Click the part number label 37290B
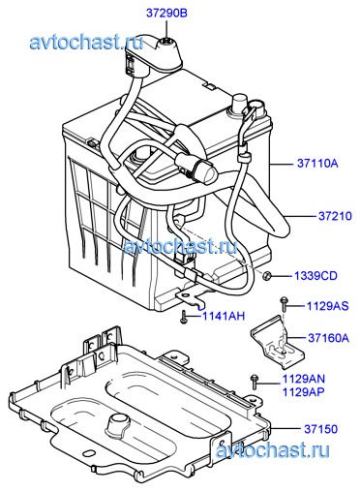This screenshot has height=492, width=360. [166, 14]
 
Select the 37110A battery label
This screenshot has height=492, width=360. [317, 164]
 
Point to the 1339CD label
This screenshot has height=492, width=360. [315, 276]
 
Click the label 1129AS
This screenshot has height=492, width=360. [327, 306]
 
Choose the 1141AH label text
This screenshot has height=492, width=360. [224, 316]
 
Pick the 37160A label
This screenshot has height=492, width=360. [329, 338]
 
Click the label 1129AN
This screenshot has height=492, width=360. [304, 379]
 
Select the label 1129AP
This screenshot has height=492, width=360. [304, 392]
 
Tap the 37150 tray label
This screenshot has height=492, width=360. [320, 429]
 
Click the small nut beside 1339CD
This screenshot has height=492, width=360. [266, 276]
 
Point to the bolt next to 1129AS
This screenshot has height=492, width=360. [284, 303]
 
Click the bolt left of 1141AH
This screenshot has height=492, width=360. [184, 317]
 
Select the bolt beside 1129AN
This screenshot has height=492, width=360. [255, 382]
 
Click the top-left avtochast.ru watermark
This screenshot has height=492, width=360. [86, 43]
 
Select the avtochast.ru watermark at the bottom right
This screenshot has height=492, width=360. [273, 450]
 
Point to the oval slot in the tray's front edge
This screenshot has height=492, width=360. [88, 454]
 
